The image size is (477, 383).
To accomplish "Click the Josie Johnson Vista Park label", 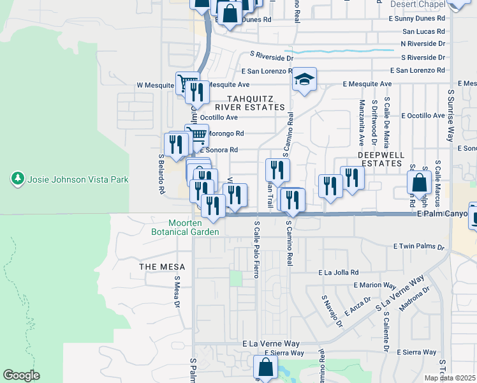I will pos(78,179).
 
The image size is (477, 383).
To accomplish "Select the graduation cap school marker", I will pos(305,80).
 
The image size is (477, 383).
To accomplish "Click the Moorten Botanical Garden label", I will pos(194,227).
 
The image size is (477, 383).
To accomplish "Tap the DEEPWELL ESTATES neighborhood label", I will pos(381,160).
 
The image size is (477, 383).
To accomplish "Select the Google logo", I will pos(21,375).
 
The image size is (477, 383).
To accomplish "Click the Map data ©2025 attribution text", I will pos(450,378).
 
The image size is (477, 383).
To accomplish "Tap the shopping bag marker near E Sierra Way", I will pos(265,368).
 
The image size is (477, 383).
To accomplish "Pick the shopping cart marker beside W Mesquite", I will pos(186,83).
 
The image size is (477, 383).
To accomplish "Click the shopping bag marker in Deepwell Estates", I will pos(419,183).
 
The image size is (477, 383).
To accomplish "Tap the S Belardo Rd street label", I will pos(161,174).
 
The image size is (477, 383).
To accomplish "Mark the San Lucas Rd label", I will pos(423,31).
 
